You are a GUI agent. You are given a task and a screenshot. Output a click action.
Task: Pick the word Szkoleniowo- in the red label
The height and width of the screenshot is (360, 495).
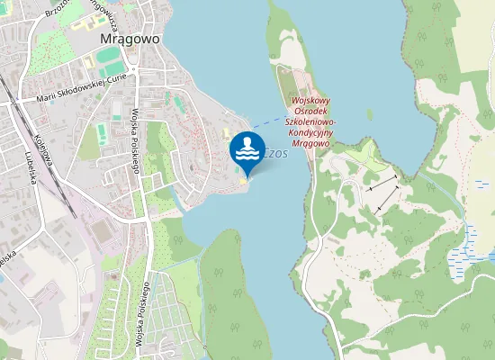310,121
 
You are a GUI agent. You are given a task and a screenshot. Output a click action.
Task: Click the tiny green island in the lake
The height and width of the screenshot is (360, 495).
370,114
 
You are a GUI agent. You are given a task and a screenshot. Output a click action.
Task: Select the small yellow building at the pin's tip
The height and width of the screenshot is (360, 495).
243,181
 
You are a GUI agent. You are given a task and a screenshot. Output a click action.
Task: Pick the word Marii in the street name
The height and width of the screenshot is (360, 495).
47,97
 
